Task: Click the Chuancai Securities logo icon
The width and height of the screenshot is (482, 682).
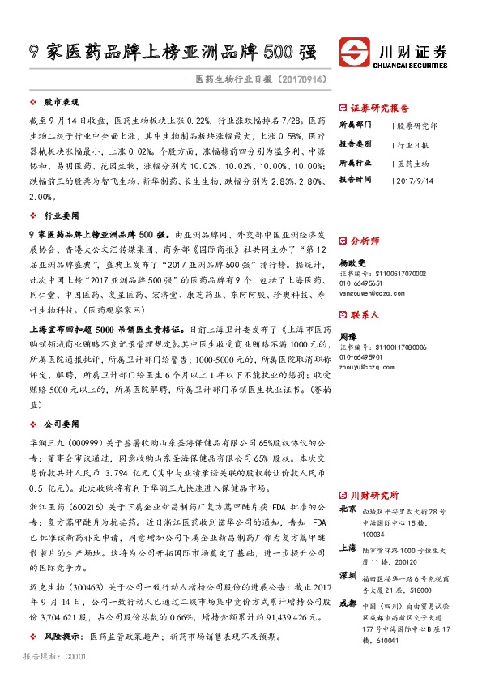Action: (353, 50)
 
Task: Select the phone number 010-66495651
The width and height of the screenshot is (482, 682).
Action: (361, 285)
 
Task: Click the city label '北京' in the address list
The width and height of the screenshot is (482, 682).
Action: (348, 509)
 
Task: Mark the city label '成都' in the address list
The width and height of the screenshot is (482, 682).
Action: (348, 603)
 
